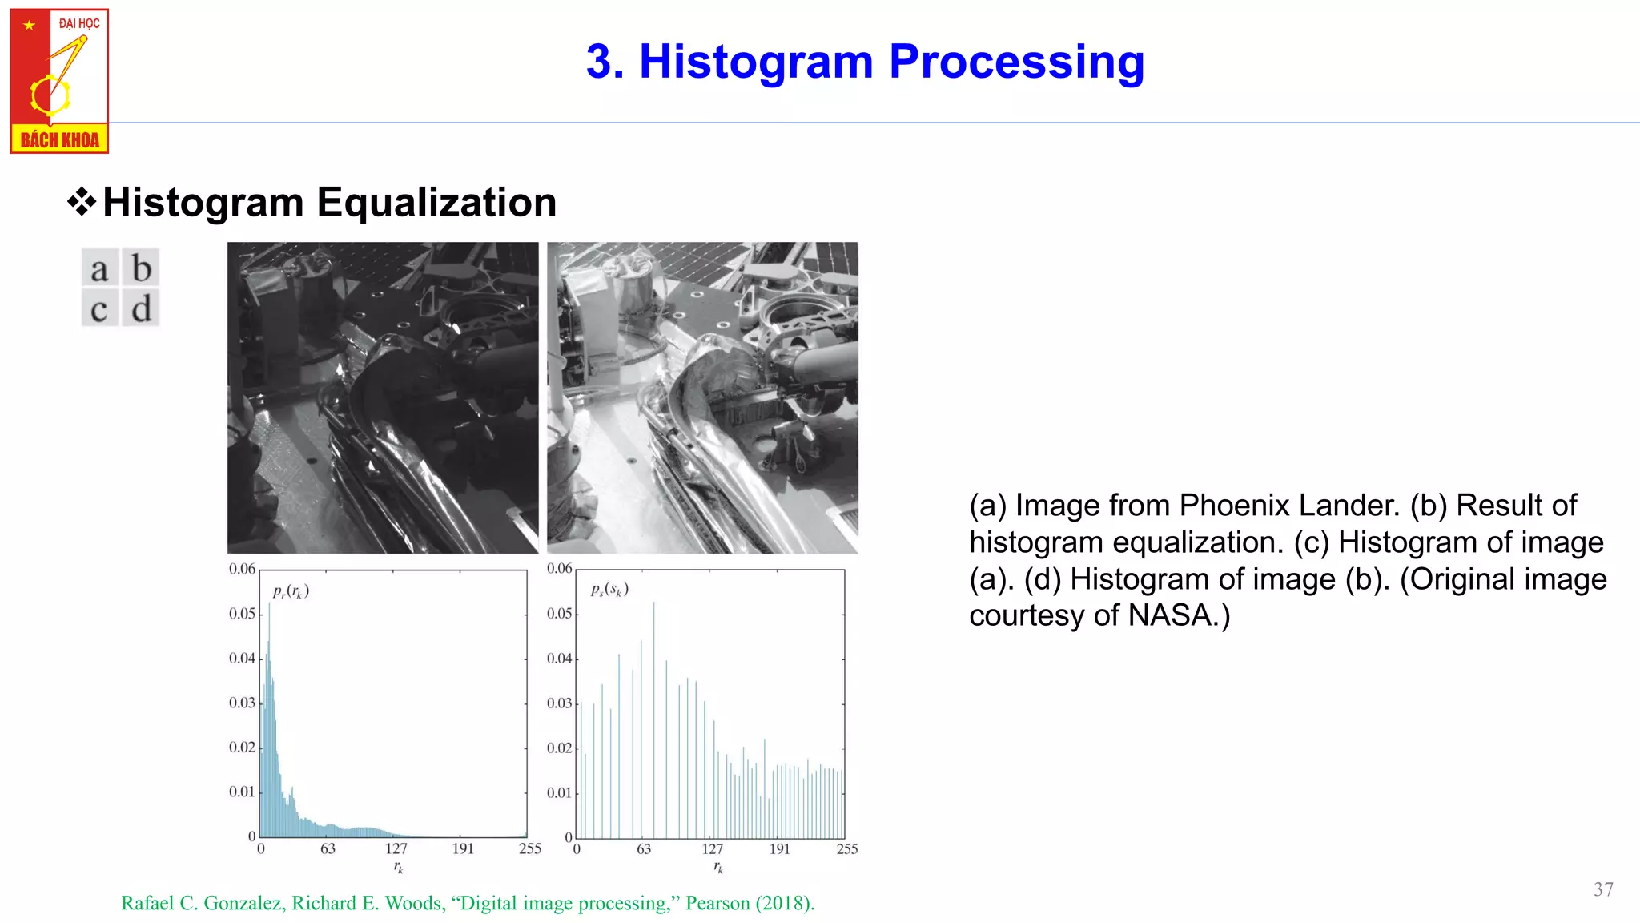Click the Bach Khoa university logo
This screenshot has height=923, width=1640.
point(59,80)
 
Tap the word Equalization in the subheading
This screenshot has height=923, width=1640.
point(436,202)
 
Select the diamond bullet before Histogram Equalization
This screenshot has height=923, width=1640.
point(82,202)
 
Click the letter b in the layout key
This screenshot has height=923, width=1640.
point(141,268)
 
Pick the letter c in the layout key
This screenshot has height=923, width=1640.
point(99,309)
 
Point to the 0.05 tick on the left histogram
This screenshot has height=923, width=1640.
point(242,614)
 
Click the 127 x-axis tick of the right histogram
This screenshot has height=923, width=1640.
point(712,849)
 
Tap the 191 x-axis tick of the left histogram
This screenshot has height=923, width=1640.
point(463,849)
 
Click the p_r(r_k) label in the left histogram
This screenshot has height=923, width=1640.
point(291,591)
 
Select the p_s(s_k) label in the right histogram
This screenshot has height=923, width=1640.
point(609,590)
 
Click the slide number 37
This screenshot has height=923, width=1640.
point(1603,889)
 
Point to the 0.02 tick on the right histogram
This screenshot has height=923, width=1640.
point(559,748)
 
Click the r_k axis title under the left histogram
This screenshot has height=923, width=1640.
point(398,868)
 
